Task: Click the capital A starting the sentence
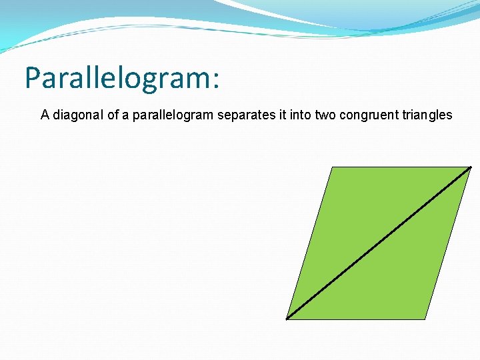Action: point(45,115)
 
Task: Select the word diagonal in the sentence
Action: point(75,115)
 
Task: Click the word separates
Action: point(243,115)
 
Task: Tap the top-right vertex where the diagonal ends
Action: point(471,167)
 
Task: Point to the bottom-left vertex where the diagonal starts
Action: point(287,319)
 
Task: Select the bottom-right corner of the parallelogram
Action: point(425,319)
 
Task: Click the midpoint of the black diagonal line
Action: point(379,243)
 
